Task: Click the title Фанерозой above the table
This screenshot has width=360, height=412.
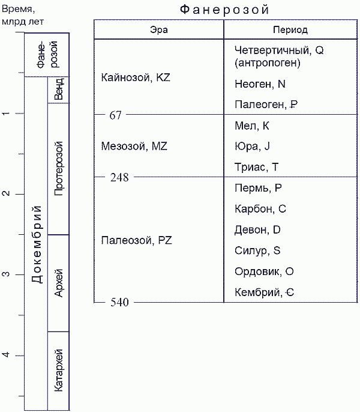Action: pos(224,10)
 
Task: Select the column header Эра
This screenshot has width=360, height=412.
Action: pos(158,29)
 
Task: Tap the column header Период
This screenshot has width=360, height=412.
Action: pos(290,29)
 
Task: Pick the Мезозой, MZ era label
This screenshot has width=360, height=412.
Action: pos(134,145)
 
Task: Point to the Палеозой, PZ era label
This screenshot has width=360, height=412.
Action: pos(136,240)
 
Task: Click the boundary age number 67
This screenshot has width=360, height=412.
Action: pos(115,115)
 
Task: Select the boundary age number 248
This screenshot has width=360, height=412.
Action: pos(119,177)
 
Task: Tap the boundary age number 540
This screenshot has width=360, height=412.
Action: pos(119,302)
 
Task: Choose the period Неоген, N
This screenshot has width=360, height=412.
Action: pos(260,85)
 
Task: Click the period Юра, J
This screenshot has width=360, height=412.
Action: pos(253,146)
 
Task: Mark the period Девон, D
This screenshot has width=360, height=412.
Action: pos(257,229)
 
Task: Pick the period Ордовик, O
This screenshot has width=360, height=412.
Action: pos(263,271)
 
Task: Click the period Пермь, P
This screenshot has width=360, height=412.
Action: pos(258,188)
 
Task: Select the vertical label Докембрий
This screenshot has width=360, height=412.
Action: pos(36,244)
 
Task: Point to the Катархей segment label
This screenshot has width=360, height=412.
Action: pos(58,371)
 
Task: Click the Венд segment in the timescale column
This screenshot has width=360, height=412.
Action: pos(58,89)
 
